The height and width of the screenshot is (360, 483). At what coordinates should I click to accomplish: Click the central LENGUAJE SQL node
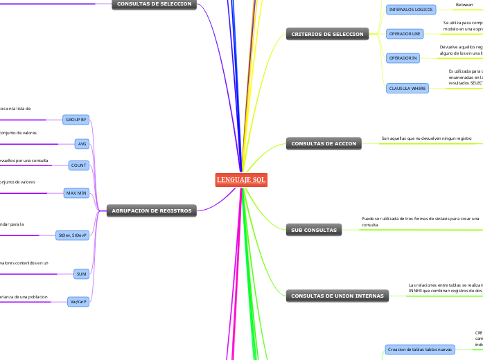coord(241,180)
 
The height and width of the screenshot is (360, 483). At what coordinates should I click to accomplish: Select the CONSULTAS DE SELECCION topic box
coord(154,4)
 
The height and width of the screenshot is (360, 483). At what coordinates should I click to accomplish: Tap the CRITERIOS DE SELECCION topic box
coord(327,34)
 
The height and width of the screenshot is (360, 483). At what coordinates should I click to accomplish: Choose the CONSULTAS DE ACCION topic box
coord(324,144)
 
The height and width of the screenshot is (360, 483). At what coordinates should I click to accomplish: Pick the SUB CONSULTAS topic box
coord(314,230)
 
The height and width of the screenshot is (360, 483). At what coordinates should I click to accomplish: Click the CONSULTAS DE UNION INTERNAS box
coord(337,296)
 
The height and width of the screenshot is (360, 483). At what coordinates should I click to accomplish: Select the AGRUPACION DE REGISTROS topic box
coord(152,210)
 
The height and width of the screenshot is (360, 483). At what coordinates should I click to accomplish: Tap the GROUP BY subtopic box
coord(76,120)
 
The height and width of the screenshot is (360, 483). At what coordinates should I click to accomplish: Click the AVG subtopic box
coord(82,143)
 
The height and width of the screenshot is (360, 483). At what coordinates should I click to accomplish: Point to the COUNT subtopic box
coord(79,165)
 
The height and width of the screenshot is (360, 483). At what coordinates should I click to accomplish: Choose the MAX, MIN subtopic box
coord(76,192)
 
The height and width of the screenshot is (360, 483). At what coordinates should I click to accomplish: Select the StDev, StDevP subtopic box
coord(73,235)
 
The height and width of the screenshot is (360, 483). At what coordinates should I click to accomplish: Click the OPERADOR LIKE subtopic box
coord(405,33)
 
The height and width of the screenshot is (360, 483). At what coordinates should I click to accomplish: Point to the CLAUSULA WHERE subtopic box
coord(407,88)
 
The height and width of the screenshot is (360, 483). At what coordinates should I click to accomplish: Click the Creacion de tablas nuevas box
coord(420,350)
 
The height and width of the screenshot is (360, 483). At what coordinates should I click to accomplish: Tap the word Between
coord(464,5)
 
